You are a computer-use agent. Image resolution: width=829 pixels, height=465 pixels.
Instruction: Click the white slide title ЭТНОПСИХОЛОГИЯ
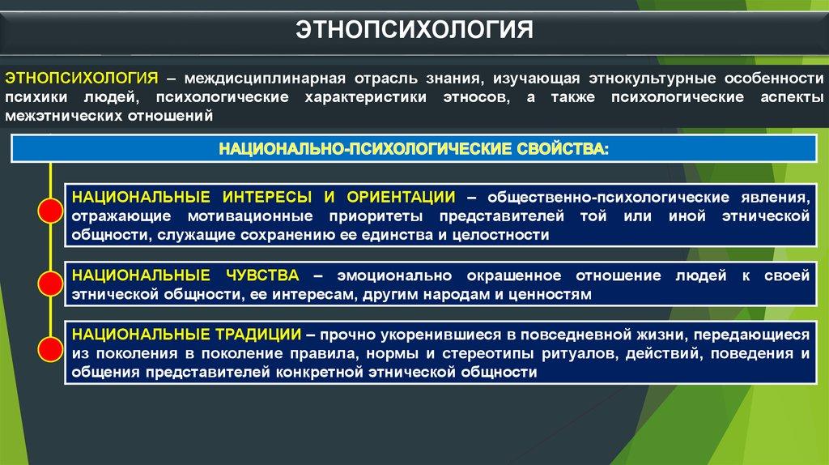pyautogui.click(x=414, y=30)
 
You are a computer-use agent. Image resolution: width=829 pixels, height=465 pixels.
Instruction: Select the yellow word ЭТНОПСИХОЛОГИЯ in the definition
pyautogui.click(x=82, y=79)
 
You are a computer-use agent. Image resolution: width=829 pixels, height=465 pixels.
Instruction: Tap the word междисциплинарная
pyautogui.click(x=265, y=79)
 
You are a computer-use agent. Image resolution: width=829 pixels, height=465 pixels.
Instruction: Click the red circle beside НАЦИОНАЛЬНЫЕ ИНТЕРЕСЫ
pyautogui.click(x=51, y=211)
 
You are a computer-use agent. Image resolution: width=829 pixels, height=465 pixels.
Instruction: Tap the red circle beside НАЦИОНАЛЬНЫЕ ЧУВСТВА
pyautogui.click(x=51, y=283)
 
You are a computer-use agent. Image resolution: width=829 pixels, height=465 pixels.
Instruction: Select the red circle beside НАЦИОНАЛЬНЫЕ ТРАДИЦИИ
pyautogui.click(x=51, y=348)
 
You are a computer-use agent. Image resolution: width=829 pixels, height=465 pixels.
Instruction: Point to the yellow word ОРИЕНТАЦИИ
pyautogui.click(x=401, y=198)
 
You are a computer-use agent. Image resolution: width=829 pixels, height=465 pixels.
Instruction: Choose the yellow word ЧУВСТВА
pyautogui.click(x=262, y=275)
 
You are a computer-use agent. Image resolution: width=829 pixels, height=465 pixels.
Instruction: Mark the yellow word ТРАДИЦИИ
pyautogui.click(x=258, y=335)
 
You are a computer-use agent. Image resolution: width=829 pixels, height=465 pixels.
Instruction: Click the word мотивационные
pyautogui.click(x=250, y=216)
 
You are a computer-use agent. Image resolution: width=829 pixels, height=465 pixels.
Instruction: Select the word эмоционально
pyautogui.click(x=394, y=276)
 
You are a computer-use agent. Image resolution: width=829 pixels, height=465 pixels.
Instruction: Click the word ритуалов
pyautogui.click(x=576, y=354)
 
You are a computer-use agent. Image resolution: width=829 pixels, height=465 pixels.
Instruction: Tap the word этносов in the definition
pyautogui.click(x=476, y=98)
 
